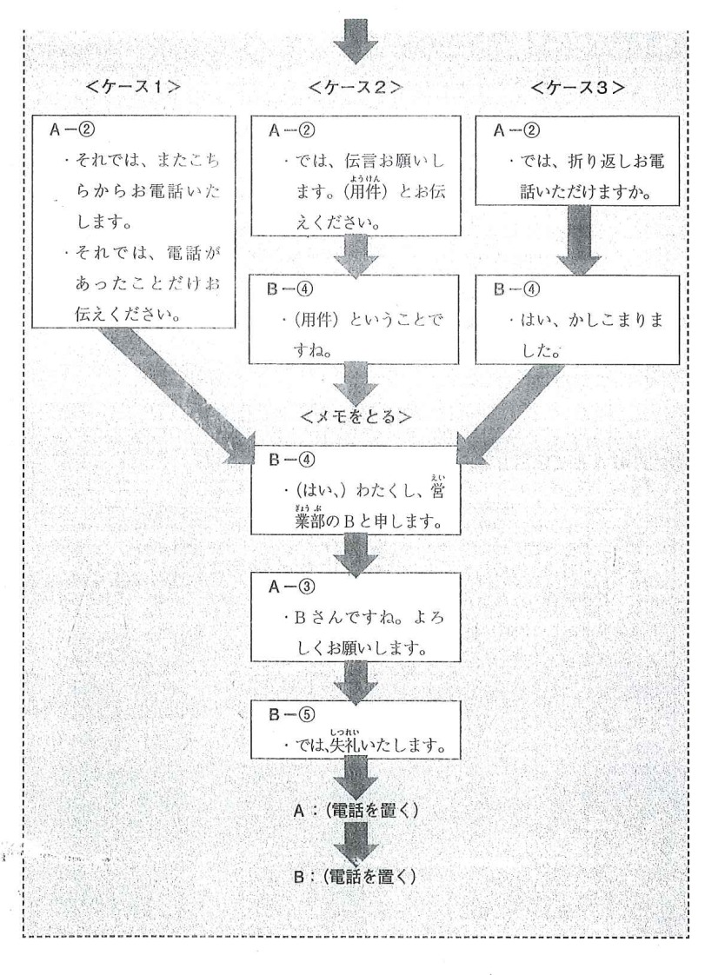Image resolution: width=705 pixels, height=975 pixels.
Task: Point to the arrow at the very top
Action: pos(359,38)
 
